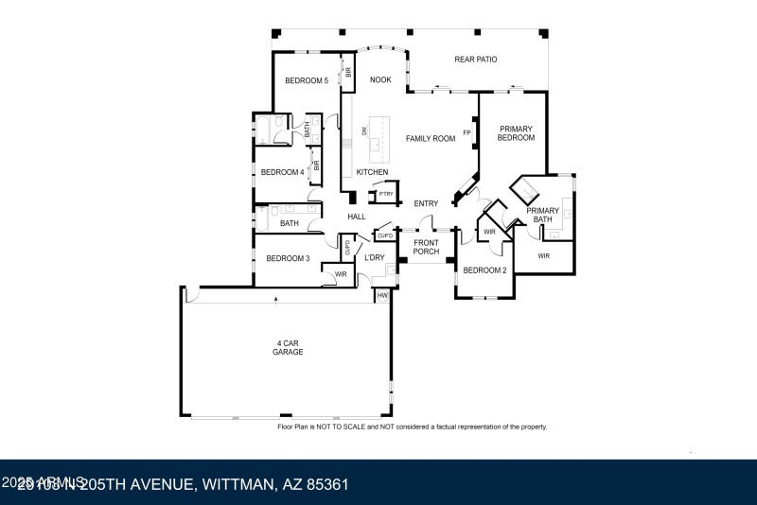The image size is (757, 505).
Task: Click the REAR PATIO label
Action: (x=475, y=60)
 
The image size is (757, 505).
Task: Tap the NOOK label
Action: (x=380, y=80)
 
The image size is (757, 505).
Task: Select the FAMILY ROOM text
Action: (x=431, y=139)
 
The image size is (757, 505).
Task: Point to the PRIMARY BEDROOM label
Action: (x=516, y=133)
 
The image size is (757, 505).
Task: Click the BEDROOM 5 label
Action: (x=307, y=81)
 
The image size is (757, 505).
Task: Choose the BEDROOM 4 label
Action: (x=282, y=172)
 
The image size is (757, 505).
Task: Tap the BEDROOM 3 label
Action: (x=288, y=258)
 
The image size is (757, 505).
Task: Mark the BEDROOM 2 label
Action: (x=484, y=270)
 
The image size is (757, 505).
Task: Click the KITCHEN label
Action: (x=372, y=171)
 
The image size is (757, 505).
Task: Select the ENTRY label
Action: (x=426, y=203)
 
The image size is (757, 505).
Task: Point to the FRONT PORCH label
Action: (x=426, y=247)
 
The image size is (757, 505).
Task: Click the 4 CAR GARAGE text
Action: (x=288, y=347)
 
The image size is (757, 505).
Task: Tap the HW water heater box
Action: (x=382, y=296)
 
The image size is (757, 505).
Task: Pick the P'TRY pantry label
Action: (x=385, y=195)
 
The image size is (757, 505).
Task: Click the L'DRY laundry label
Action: (x=375, y=257)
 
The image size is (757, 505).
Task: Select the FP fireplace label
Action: (x=466, y=133)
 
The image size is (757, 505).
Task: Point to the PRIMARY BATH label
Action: (x=543, y=215)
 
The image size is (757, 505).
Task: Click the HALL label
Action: (x=357, y=217)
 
